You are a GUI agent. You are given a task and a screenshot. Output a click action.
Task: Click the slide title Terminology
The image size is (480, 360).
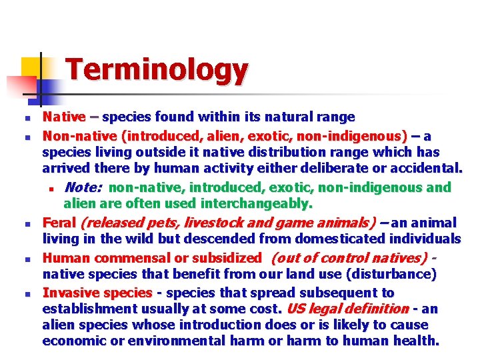pos(157,69)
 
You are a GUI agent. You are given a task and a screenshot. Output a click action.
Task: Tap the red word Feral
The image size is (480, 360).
pos(59,223)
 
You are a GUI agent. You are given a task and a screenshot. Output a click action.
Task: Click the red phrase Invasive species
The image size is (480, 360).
pos(97,293)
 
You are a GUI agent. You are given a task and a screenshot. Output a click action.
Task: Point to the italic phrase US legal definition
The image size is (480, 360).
pos(347,309)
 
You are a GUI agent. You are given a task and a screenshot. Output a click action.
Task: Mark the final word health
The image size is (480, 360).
pos(418,341)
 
